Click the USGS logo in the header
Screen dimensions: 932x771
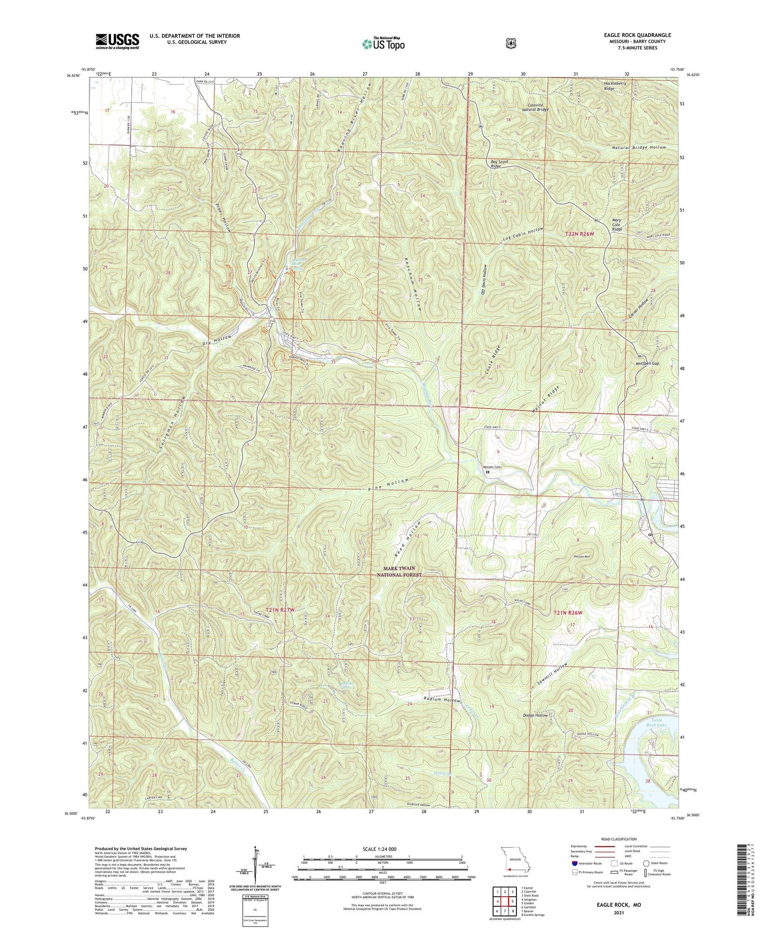point(117,41)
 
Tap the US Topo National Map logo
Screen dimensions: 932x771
point(383,44)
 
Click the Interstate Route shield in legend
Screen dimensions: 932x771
point(574,863)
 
